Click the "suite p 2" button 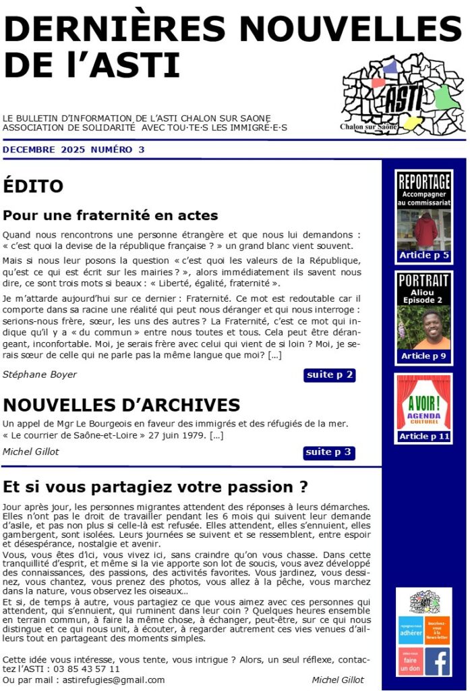click(329, 375)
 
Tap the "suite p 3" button click(329, 453)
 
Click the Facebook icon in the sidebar click(438, 661)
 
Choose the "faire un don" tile click(411, 661)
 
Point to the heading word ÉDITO click(33, 186)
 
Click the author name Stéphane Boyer click(40, 375)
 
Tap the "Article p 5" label click(423, 256)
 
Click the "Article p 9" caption click(423, 356)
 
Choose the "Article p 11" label click(423, 437)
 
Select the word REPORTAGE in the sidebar click(423, 182)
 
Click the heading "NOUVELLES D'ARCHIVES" click(121, 405)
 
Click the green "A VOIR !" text click(423, 404)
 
